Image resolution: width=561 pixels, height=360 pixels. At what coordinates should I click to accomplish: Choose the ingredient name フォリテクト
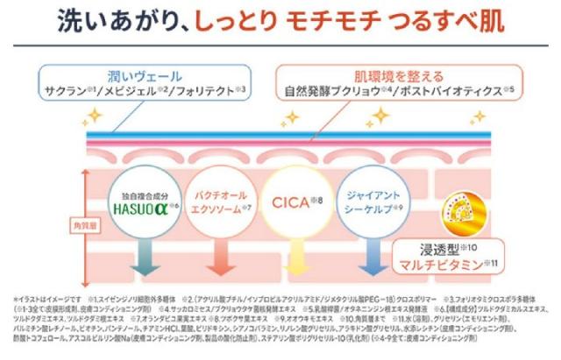click(202, 90)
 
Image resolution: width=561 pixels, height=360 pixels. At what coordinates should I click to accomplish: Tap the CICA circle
click(297, 201)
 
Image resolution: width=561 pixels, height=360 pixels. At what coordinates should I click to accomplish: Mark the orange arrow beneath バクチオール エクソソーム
click(222, 253)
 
